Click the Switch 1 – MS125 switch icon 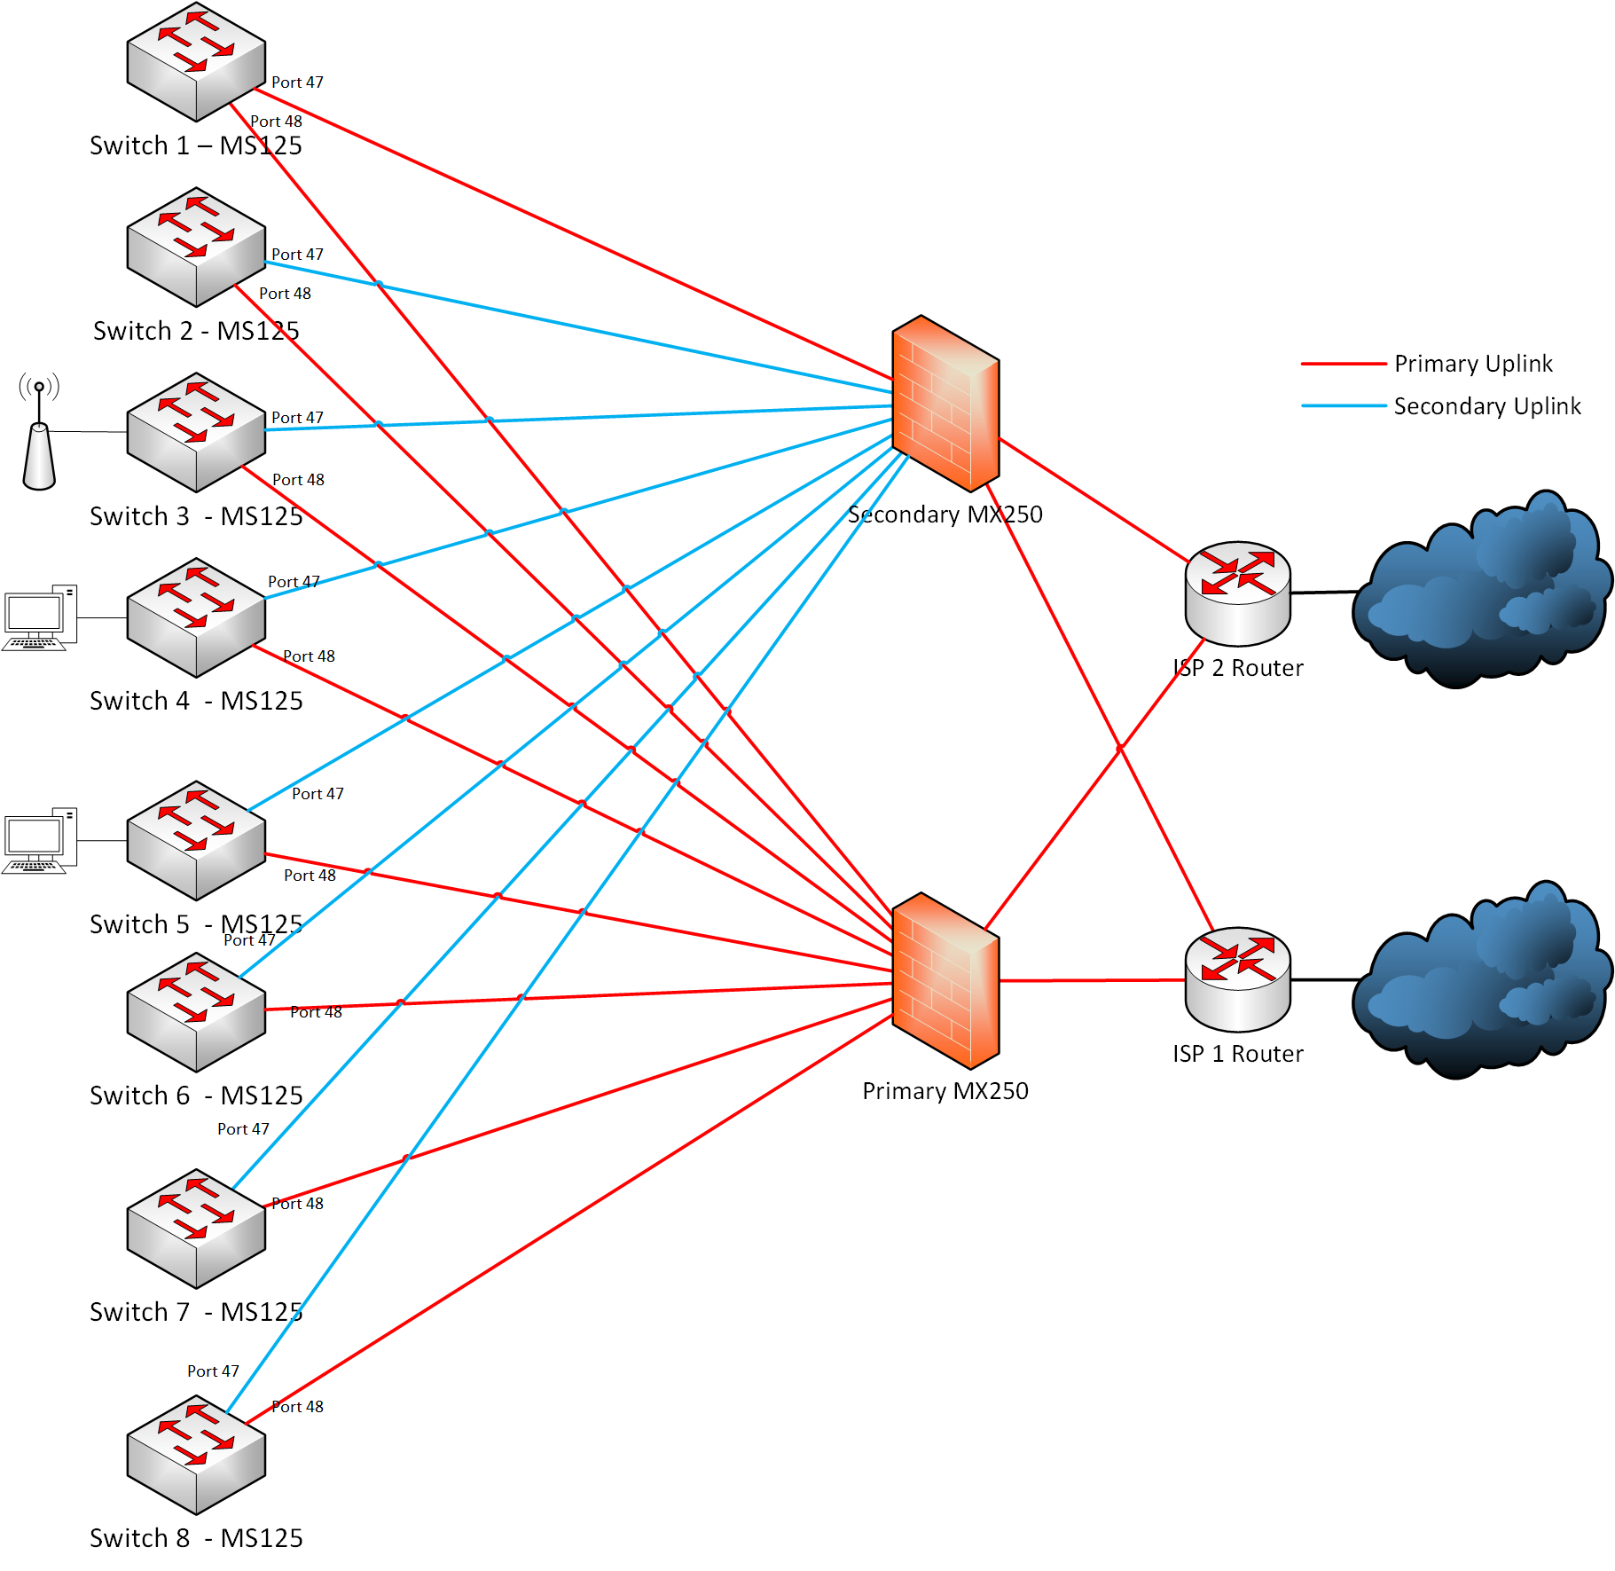(x=196, y=61)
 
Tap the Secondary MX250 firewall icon (x=945, y=403)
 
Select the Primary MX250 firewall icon (x=945, y=980)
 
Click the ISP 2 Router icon (x=1237, y=593)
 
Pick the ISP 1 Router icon (x=1237, y=979)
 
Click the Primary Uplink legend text (x=1473, y=364)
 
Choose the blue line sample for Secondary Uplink (x=1343, y=406)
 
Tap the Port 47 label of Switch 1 (x=297, y=82)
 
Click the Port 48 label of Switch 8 (x=297, y=1407)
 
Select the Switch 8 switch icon (x=196, y=1455)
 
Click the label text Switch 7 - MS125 (x=196, y=1312)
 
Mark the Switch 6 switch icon (x=196, y=1012)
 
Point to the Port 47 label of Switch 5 (x=318, y=794)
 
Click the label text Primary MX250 (x=945, y=1091)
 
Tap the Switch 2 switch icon (x=196, y=247)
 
